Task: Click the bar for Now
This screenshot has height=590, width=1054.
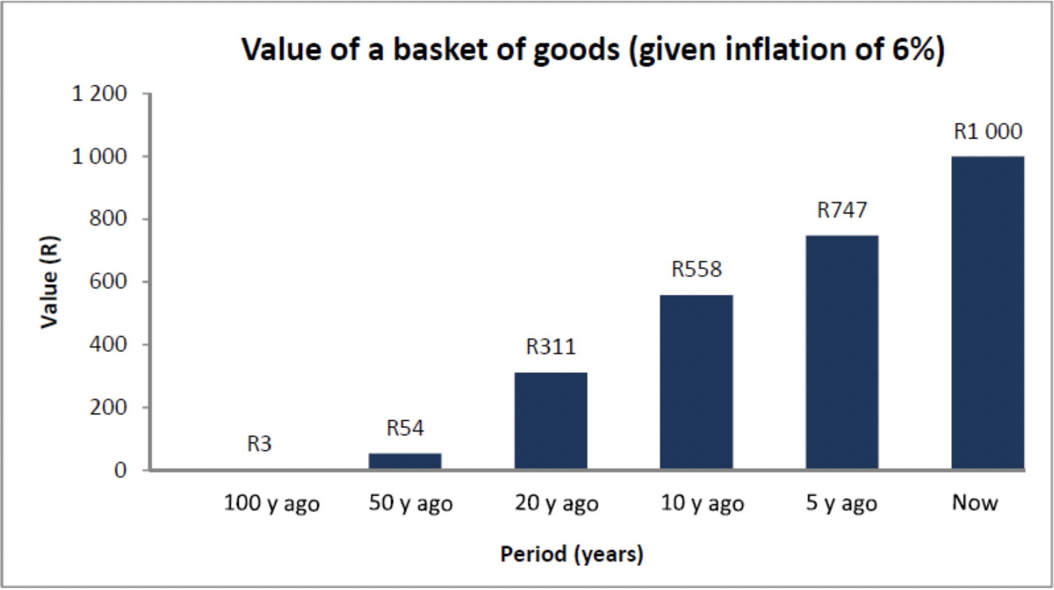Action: pyautogui.click(x=988, y=313)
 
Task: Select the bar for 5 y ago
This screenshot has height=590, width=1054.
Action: pyautogui.click(x=842, y=352)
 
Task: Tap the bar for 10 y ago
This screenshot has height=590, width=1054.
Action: pyautogui.click(x=696, y=381)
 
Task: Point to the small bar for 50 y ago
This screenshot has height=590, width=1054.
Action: pyautogui.click(x=405, y=461)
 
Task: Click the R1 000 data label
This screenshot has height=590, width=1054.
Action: pyautogui.click(x=988, y=131)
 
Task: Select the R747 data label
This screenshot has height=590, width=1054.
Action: pyautogui.click(x=842, y=210)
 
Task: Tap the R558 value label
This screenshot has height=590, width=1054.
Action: pyautogui.click(x=696, y=269)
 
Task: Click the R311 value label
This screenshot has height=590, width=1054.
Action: pyautogui.click(x=551, y=347)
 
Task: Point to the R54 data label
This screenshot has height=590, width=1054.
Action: pyautogui.click(x=405, y=429)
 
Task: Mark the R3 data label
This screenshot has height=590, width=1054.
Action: pyautogui.click(x=259, y=444)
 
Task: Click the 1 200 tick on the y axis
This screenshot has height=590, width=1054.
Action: pyautogui.click(x=100, y=94)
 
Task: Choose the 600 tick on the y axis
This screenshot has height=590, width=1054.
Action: pyautogui.click(x=108, y=282)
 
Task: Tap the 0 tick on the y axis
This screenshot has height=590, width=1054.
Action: pyautogui.click(x=120, y=470)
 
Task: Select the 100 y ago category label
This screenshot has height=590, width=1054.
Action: pyautogui.click(x=271, y=504)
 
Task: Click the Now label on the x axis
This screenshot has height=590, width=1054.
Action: pyautogui.click(x=975, y=502)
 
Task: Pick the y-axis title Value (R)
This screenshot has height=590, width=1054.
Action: pyautogui.click(x=50, y=282)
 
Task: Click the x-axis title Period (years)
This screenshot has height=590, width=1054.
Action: pyautogui.click(x=572, y=554)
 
